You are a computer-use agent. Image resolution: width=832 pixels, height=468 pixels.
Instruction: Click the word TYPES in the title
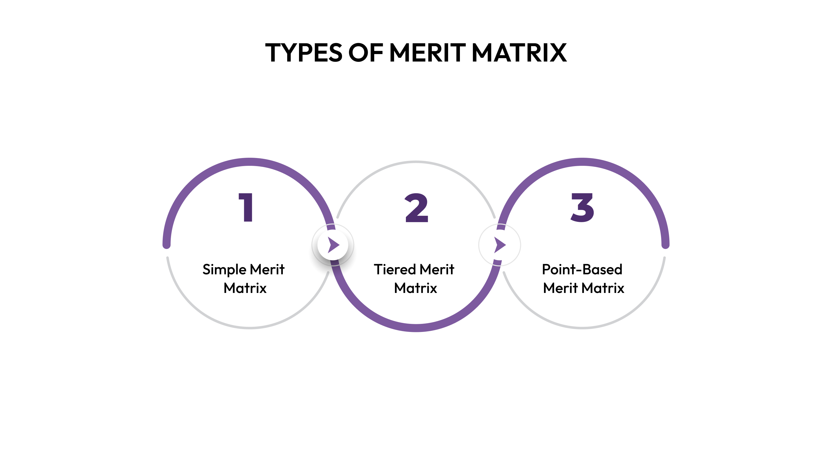pos(303,53)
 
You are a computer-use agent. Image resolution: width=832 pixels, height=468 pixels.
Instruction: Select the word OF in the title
pos(366,53)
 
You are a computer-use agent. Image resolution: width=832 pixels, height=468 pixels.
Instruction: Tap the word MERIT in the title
pos(428,53)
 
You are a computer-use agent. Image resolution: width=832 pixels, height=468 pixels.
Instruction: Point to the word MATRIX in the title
pos(519,53)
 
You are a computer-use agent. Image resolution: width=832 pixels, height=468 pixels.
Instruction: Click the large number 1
pos(246,207)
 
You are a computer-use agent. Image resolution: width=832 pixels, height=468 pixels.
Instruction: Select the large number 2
pos(416,208)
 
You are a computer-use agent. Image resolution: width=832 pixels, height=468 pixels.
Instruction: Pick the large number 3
pos(582,207)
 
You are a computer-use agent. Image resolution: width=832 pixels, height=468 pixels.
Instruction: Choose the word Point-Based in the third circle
pos(582,269)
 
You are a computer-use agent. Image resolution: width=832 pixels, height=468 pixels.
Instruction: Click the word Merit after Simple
pos(267,269)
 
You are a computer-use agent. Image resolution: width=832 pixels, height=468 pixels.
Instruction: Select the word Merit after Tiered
pos(437,269)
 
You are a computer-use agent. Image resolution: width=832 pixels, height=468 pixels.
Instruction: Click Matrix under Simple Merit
pos(245,288)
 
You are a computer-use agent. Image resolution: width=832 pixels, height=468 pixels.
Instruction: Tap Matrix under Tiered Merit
pos(416,288)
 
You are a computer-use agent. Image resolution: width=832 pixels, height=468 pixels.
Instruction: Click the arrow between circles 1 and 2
pos(333,245)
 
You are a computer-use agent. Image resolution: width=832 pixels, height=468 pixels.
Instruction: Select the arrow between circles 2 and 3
pos(500,245)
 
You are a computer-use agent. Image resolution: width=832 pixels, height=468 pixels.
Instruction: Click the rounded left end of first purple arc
pos(167,245)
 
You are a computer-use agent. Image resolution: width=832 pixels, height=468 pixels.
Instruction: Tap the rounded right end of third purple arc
pos(665,245)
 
